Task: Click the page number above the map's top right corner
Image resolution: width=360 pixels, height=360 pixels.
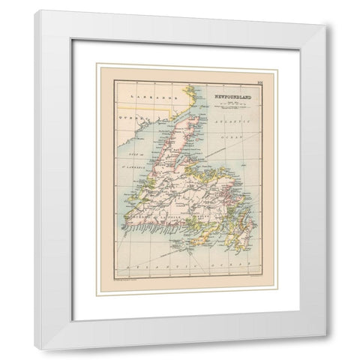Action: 257,79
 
